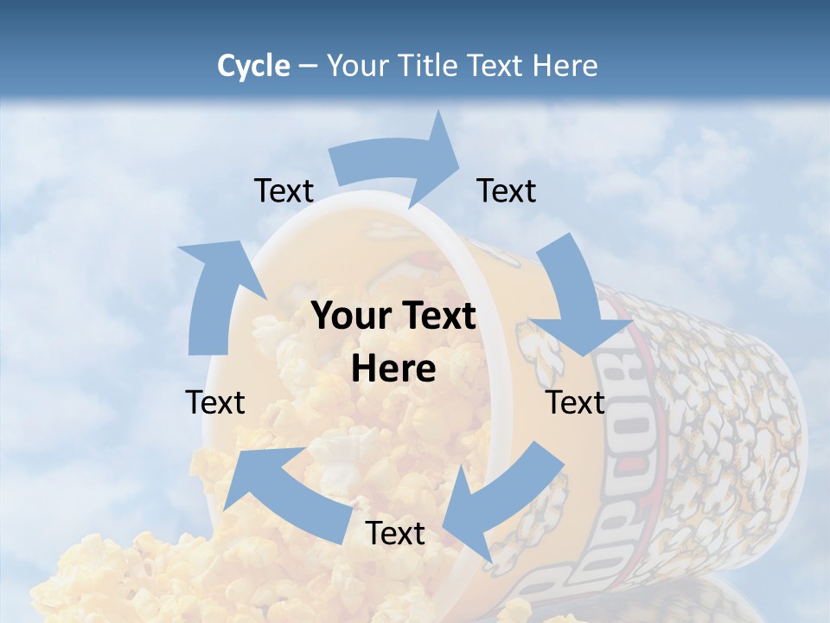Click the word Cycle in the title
(x=253, y=66)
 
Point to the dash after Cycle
(x=308, y=67)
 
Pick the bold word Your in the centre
(x=352, y=317)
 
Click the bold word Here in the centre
(x=393, y=369)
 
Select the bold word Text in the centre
(x=437, y=317)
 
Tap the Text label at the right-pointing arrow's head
(x=507, y=190)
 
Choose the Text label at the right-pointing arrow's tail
(x=284, y=190)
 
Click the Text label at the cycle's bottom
(x=395, y=533)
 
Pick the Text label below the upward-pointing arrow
(x=215, y=402)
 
